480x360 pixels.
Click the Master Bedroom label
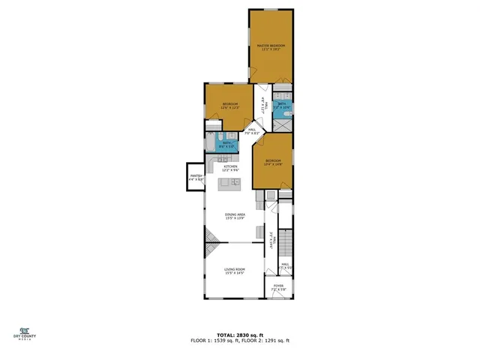[271, 47]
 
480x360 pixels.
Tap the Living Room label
[235, 271]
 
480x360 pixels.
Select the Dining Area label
[235, 217]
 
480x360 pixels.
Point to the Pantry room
[196, 179]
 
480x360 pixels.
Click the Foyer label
[278, 287]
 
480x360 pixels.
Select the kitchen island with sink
[229, 183]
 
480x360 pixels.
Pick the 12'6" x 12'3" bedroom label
[229, 105]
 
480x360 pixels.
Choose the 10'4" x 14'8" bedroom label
[272, 162]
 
